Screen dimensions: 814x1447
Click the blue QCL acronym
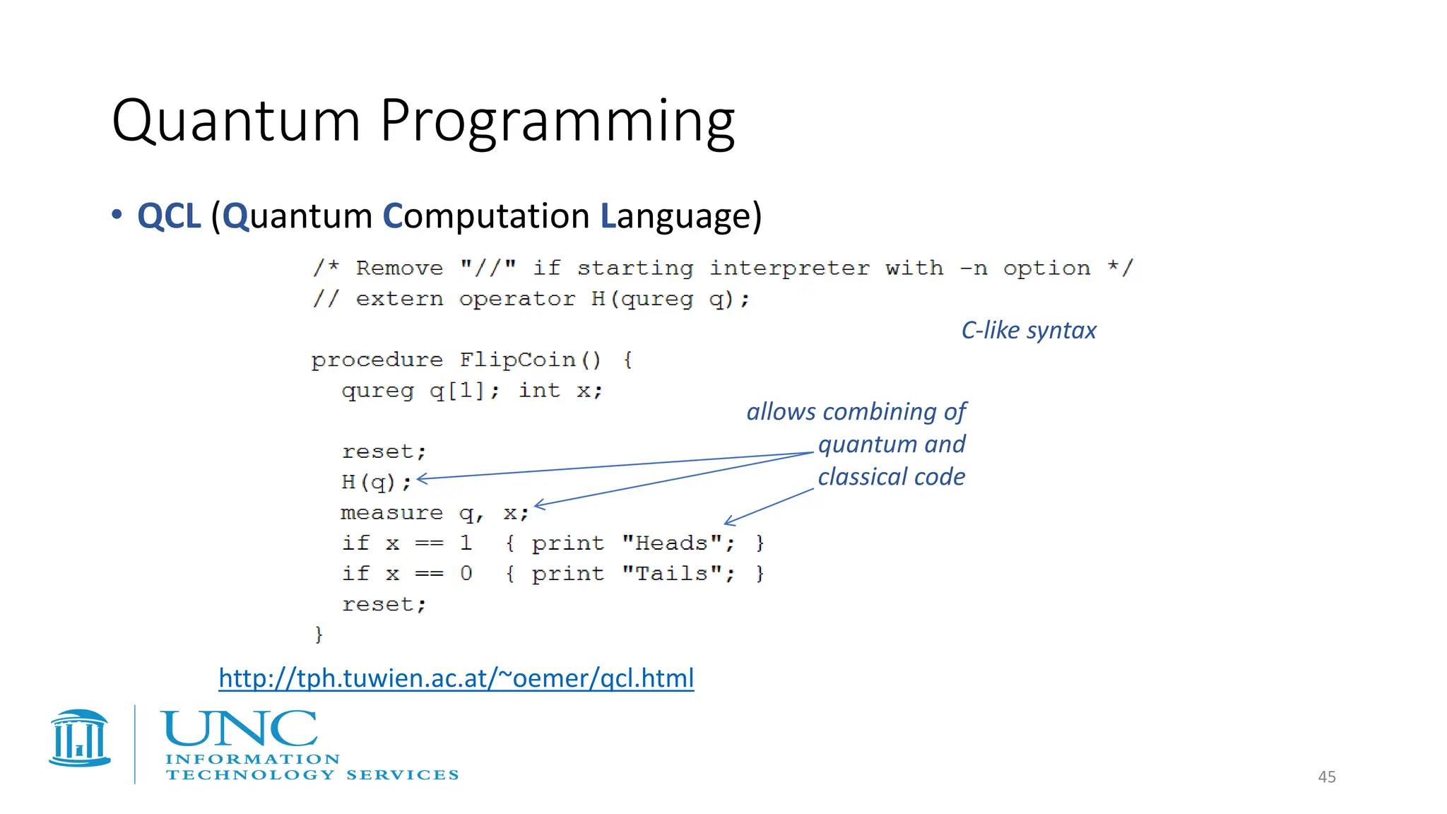[169, 216]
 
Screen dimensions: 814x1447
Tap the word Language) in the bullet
[680, 216]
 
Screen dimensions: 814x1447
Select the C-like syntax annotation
[1028, 331]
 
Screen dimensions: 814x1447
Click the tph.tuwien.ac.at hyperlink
[456, 678]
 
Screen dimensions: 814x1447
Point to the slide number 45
[1326, 777]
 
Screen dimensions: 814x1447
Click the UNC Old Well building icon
[80, 738]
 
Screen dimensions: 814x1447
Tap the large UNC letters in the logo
[239, 729]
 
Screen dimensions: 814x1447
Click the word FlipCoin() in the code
[530, 360]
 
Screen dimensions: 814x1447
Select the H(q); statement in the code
[376, 483]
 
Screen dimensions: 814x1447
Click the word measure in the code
[391, 513]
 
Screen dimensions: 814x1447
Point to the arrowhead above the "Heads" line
[728, 522]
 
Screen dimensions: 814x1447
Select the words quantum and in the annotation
[891, 444]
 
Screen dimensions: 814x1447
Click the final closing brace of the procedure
[319, 634]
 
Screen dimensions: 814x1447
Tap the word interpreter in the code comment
[789, 269]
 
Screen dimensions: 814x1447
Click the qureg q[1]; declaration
[420, 391]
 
